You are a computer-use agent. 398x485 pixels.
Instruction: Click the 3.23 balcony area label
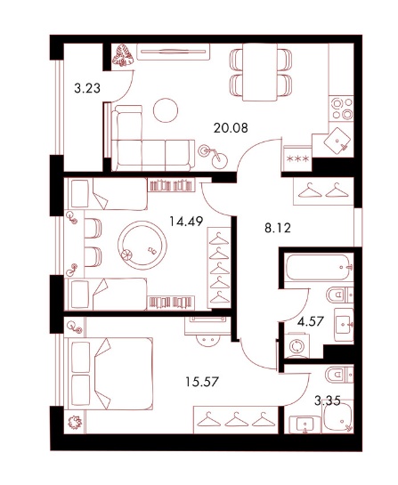point(87,88)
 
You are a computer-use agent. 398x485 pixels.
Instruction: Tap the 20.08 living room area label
point(231,127)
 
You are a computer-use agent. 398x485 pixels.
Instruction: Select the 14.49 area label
point(186,222)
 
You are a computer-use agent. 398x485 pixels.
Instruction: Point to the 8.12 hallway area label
point(278,229)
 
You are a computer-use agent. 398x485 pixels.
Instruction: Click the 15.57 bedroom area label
point(202,382)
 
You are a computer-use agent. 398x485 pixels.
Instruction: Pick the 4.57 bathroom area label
point(311,321)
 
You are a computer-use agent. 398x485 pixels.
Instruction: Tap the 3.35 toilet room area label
point(328,401)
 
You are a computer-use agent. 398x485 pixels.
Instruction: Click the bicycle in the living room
point(213,157)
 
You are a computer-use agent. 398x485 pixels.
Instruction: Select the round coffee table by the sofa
point(166,110)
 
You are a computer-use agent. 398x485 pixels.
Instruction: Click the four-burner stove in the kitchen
point(341,109)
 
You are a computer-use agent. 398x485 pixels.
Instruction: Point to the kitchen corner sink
point(337,141)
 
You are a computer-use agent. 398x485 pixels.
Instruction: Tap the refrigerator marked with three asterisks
point(297,158)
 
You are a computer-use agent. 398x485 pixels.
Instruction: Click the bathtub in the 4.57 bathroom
point(319,267)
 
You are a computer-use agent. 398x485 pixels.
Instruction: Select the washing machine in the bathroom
point(297,345)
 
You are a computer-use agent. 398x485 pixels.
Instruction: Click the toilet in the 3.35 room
point(339,375)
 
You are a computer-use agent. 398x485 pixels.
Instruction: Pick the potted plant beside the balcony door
point(123,55)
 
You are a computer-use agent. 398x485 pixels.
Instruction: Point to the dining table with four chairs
point(260,72)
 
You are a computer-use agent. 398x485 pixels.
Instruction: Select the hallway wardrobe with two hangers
point(323,191)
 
